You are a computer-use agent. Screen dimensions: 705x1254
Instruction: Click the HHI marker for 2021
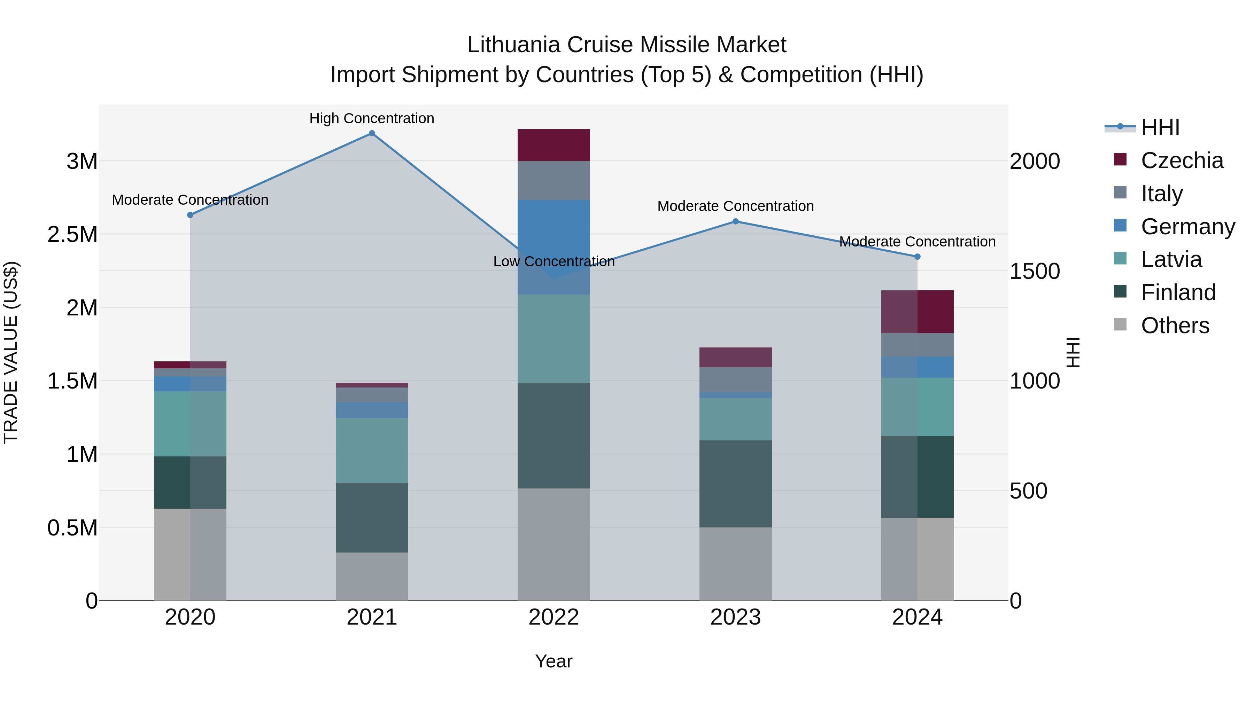pyautogui.click(x=372, y=133)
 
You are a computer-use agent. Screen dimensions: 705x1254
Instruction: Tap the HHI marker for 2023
pyautogui.click(x=736, y=221)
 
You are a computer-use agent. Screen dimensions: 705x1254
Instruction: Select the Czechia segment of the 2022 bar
pyautogui.click(x=554, y=145)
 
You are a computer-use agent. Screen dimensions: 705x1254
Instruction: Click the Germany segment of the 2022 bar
pyautogui.click(x=554, y=247)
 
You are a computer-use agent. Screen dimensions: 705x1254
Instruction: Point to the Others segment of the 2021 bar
pyautogui.click(x=372, y=576)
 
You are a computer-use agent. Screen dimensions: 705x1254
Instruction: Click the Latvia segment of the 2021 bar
pyautogui.click(x=372, y=450)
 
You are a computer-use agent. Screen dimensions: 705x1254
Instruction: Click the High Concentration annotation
pyautogui.click(x=372, y=118)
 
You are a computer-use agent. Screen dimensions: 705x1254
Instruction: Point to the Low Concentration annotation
pyautogui.click(x=554, y=262)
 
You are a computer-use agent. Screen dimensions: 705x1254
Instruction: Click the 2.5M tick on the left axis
pyautogui.click(x=72, y=235)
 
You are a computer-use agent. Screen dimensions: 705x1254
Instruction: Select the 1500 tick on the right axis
pyautogui.click(x=1035, y=272)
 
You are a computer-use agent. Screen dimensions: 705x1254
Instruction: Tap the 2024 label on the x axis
pyautogui.click(x=917, y=617)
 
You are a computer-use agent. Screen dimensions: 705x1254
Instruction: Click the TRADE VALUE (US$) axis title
pyautogui.click(x=11, y=352)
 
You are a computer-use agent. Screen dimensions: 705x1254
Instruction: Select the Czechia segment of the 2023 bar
pyautogui.click(x=736, y=357)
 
